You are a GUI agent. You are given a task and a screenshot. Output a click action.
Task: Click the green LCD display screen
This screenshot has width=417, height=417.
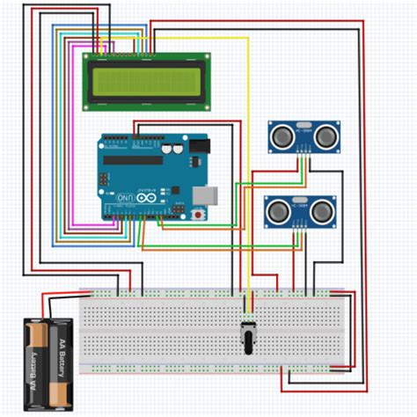[147, 81]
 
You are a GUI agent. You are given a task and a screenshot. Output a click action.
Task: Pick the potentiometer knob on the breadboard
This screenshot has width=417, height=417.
[246, 333]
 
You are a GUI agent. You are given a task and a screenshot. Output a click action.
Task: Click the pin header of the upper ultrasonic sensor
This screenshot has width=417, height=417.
[304, 151]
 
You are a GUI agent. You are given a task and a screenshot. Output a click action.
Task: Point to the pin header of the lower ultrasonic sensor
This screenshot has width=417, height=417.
[300, 226]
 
